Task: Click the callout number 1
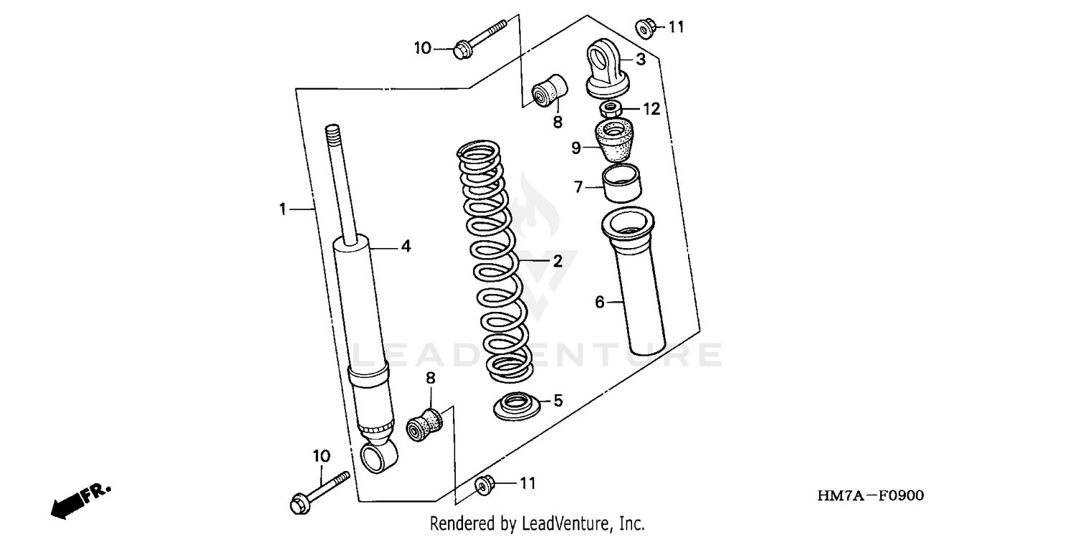[x=282, y=209]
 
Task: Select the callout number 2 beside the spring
[x=558, y=261]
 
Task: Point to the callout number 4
[x=406, y=246]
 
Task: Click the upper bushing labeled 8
[x=549, y=90]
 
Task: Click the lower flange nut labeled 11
[x=484, y=485]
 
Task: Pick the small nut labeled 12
[x=611, y=110]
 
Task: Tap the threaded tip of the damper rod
[x=333, y=133]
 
